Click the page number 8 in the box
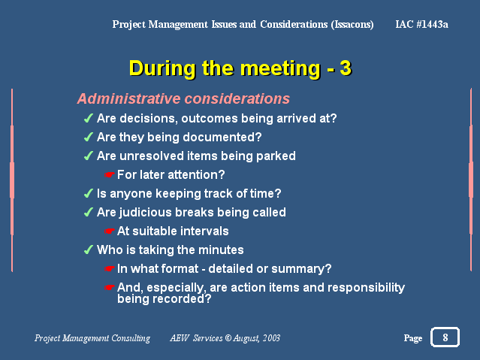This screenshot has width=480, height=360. (x=445, y=337)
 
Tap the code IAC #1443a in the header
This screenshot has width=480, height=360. (x=421, y=24)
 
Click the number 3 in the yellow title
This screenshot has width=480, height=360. (x=346, y=68)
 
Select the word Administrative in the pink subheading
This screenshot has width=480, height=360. (x=129, y=98)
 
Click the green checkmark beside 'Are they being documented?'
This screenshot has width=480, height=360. (x=89, y=137)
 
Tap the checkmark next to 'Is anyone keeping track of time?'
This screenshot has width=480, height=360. (x=89, y=193)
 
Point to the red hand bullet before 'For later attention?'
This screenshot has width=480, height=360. (x=109, y=174)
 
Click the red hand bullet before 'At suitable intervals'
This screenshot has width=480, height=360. (x=109, y=231)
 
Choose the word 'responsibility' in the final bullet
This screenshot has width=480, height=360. (x=366, y=288)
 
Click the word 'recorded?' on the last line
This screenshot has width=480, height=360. (x=182, y=298)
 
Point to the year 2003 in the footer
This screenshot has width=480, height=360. (x=271, y=338)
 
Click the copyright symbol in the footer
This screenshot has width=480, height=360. (x=228, y=338)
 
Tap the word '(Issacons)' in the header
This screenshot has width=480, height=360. (x=352, y=24)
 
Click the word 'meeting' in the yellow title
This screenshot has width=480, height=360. (x=280, y=68)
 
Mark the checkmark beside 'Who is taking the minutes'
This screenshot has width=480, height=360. (x=89, y=250)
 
